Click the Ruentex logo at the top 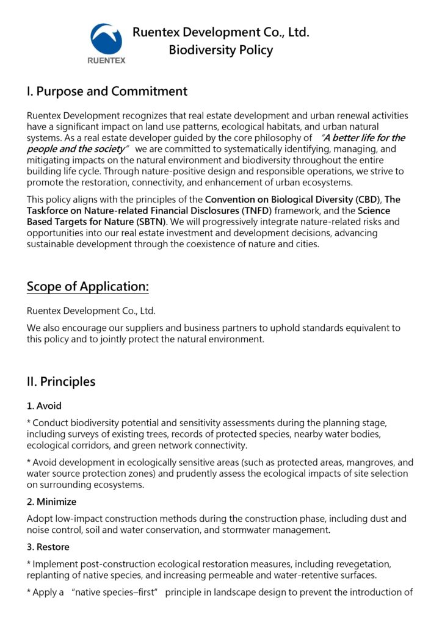pos(107,43)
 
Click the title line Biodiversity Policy pos(220,50)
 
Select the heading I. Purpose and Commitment pos(107,92)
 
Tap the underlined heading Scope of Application pos(88,287)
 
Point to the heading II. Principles pos(61,381)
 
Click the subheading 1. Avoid pos(44,406)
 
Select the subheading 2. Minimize pos(52,502)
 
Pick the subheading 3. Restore pos(48,547)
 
